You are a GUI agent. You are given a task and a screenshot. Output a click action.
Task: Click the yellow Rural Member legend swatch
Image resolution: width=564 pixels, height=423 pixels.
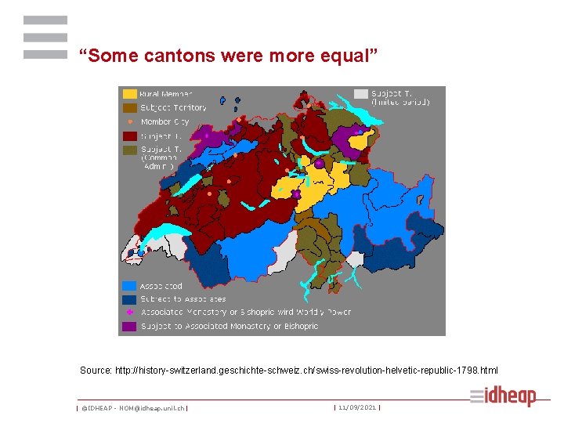pos(129,94)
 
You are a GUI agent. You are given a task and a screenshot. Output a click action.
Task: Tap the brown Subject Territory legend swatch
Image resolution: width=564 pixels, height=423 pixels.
pos(129,108)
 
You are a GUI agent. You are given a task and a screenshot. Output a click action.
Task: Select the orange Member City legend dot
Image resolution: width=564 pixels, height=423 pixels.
pos(129,122)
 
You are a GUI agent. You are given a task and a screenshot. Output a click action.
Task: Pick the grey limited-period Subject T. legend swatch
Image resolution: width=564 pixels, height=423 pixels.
pos(360,94)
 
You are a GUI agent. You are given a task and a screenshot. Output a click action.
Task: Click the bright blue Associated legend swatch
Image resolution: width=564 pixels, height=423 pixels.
pos(129,286)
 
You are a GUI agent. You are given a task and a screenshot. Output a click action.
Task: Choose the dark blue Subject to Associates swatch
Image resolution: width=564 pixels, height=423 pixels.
pos(129,299)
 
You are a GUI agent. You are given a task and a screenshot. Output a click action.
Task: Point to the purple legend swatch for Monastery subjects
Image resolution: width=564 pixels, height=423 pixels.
pos(129,326)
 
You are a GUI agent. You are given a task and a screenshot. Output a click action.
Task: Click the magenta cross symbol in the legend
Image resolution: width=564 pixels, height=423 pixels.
pos(129,313)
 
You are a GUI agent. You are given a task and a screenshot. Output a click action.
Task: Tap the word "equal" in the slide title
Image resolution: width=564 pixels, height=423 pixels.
pos(349,56)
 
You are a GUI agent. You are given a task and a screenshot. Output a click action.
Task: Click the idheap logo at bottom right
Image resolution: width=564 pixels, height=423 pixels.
pos(503,396)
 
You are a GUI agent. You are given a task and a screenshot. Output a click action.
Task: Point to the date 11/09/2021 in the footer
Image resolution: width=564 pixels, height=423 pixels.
pos(356,407)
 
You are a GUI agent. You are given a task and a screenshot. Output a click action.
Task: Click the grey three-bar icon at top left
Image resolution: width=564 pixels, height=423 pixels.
pos(45,38)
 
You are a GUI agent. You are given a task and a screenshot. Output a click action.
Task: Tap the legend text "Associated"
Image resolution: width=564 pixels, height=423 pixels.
pos(161,287)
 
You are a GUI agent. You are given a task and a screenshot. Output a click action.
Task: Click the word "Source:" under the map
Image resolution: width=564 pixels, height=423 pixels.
pos(96,370)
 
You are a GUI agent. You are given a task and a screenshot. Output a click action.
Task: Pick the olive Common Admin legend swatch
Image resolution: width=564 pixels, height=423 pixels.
pos(129,149)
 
